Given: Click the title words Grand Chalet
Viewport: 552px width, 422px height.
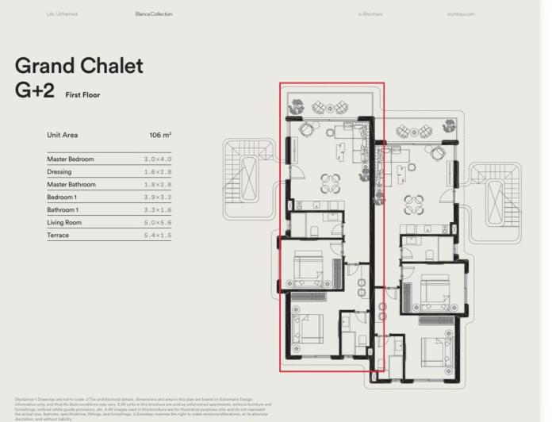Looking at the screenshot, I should click(79, 65).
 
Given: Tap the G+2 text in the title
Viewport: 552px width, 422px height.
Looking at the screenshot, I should click(35, 90).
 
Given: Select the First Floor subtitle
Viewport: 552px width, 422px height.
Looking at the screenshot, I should click(82, 95).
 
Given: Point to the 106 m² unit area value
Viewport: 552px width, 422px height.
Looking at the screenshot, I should click(160, 136).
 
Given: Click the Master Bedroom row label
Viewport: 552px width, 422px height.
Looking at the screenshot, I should click(71, 159).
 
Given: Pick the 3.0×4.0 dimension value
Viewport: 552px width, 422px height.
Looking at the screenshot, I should click(158, 159).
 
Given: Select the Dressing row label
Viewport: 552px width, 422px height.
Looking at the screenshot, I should click(59, 172).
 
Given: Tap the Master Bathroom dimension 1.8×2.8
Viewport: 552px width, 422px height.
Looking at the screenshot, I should click(158, 185).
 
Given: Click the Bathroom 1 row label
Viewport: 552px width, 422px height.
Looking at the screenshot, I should click(63, 210).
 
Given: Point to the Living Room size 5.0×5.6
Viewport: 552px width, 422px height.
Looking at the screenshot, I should click(158, 223).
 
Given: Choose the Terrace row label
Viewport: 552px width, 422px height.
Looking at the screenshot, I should click(58, 236).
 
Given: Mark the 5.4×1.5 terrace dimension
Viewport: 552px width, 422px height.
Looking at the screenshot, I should click(158, 236).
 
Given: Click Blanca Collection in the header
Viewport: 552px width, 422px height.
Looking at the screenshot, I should click(154, 13).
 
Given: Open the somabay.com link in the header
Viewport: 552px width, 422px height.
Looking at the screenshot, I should click(460, 13).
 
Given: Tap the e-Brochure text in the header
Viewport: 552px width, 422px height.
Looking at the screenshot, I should click(370, 13).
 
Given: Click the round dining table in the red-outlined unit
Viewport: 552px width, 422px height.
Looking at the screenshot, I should click(331, 184).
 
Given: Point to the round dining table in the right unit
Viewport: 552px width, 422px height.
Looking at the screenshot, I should click(414, 205).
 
